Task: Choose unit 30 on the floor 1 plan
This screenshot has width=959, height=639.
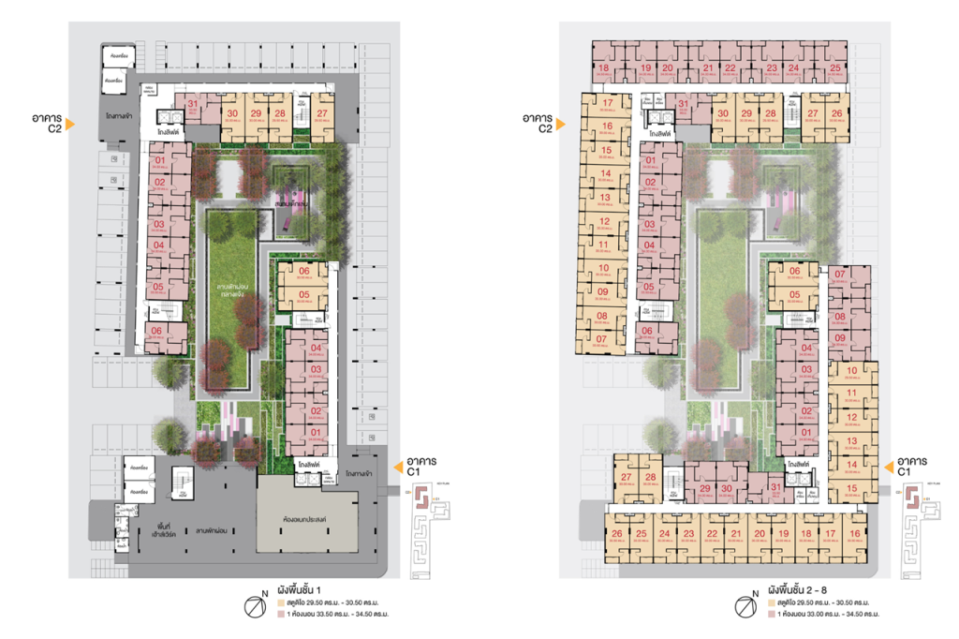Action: click(231, 116)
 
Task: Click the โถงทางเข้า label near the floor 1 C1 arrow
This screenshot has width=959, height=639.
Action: click(363, 474)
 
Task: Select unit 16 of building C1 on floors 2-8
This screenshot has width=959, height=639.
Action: click(855, 537)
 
